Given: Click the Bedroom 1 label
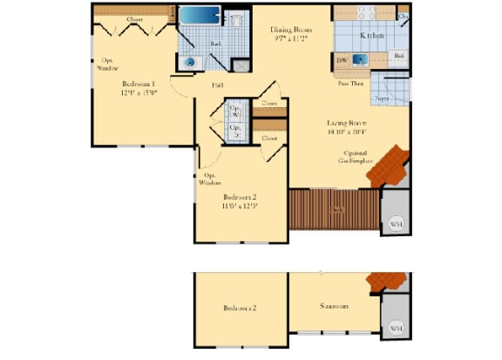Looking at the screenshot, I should [x=138, y=84].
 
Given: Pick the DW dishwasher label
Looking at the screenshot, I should [x=342, y=60].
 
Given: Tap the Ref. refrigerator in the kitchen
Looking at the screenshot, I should [x=398, y=57].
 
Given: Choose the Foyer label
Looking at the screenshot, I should [x=382, y=99].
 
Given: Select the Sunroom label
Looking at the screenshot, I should [x=334, y=307].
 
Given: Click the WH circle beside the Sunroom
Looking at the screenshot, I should [x=396, y=327].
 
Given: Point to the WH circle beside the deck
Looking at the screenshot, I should [x=396, y=223].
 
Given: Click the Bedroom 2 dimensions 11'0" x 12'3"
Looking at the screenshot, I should [x=241, y=207].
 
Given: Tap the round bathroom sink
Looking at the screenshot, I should [x=190, y=62].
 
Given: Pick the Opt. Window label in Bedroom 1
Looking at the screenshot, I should [x=106, y=64].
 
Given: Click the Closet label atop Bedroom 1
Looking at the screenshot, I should [x=135, y=19].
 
